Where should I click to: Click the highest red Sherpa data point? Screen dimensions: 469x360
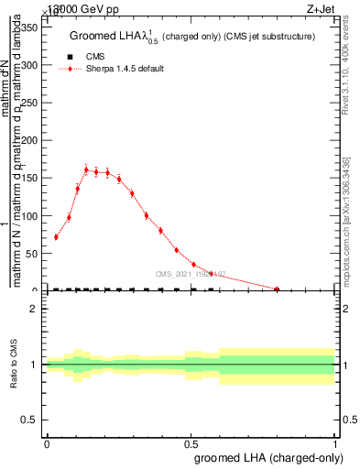[86, 169]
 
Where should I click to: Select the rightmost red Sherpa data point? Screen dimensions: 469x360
[277, 289]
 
